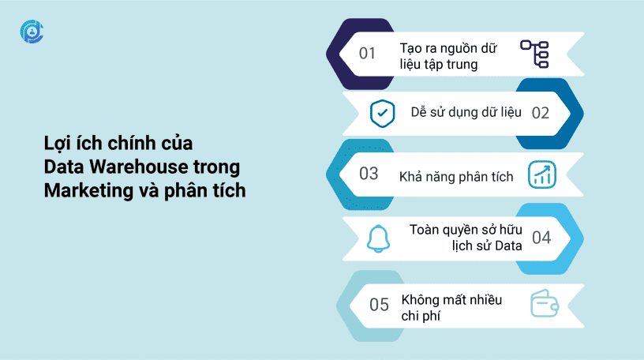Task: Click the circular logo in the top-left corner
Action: [32, 32]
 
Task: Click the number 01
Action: [367, 54]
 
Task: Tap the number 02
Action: [540, 113]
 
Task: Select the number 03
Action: [369, 174]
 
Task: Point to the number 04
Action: [541, 238]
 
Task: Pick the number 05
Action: [379, 305]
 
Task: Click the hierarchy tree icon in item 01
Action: [534, 54]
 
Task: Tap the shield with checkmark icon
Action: [382, 114]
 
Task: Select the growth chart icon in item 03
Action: [542, 174]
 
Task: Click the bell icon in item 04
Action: [378, 238]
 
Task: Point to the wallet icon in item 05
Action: [545, 303]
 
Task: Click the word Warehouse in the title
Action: [139, 167]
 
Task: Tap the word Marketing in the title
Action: [88, 191]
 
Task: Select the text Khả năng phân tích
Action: [456, 177]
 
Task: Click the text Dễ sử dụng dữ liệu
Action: [466, 112]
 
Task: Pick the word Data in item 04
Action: [508, 246]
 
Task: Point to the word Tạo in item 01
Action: [411, 48]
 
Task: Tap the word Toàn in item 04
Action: [425, 229]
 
